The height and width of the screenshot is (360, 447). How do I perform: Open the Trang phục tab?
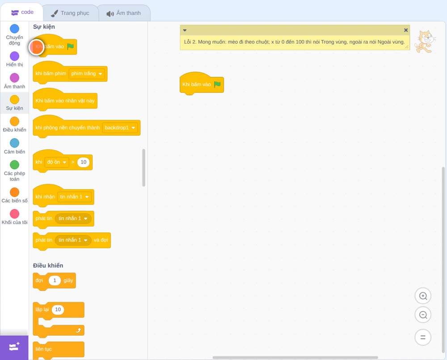71,13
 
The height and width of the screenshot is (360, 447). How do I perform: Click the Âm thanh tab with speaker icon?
124,13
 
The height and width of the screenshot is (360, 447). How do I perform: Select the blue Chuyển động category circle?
15,29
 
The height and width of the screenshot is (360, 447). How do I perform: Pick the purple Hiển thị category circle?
15,56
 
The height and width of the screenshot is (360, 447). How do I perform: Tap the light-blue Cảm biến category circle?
15,143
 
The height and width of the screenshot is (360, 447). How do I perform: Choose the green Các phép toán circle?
15,165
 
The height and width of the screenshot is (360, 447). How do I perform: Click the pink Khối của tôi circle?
15,213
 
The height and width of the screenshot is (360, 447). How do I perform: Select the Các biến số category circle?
15,192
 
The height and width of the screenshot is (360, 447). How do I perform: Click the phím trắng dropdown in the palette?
87,74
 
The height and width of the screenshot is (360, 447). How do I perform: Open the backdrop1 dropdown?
120,128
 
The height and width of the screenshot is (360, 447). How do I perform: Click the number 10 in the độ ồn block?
83,162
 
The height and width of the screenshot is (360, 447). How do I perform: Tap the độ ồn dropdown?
57,162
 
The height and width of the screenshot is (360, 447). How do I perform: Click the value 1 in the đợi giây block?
55,280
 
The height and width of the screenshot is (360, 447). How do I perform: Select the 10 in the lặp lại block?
58,309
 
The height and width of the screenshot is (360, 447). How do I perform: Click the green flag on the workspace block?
217,84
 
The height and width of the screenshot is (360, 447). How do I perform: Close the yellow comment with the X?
406,30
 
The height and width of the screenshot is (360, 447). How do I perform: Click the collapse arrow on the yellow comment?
185,30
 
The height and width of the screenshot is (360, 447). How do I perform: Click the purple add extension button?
14,347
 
